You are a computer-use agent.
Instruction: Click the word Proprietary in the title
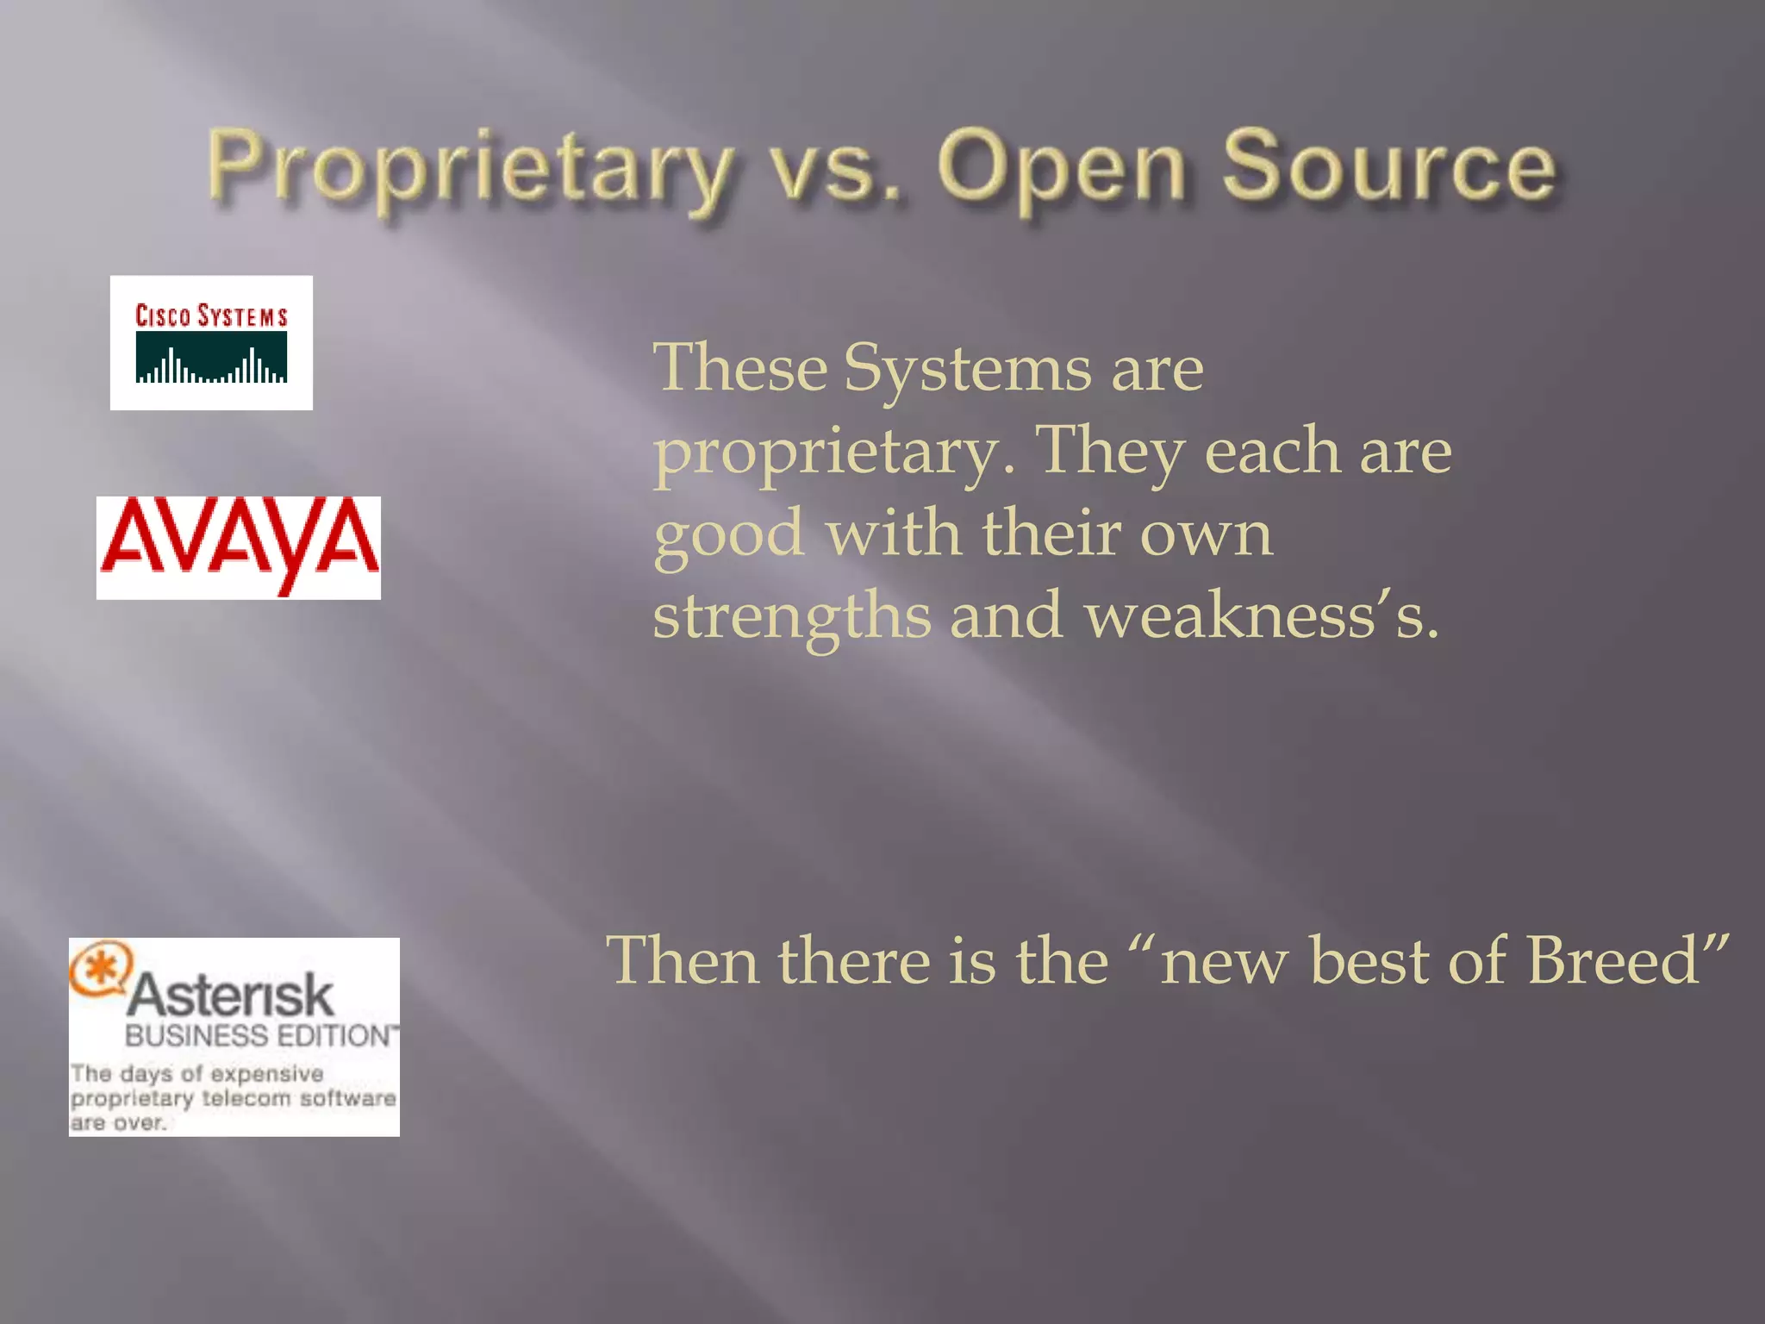click(470, 168)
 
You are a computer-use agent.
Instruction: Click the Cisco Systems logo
click(211, 342)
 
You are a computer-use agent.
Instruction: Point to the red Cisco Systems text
click(211, 315)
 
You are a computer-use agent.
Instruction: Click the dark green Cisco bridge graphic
click(211, 357)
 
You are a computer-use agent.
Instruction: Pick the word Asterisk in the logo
click(231, 996)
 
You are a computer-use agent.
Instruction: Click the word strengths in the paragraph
click(791, 615)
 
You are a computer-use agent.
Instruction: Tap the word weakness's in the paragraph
click(1262, 615)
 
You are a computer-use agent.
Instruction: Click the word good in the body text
click(729, 534)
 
